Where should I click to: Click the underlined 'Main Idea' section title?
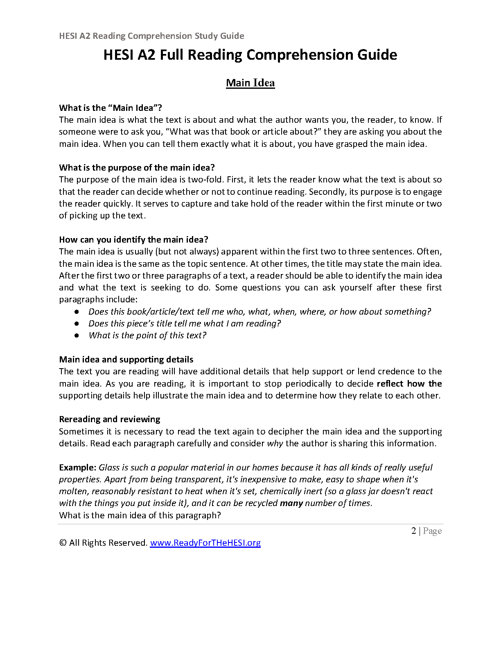pos(250,83)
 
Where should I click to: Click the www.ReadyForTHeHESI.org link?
pos(205,543)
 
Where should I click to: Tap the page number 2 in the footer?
pos(413,531)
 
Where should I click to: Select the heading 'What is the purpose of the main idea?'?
pos(137,168)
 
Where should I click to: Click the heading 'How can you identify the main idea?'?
pos(133,240)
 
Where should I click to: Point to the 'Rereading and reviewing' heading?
pos(110,419)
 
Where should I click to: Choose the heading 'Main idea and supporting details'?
pos(126,360)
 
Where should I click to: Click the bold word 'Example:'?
pos(78,468)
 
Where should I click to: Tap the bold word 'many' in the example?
pos(291,503)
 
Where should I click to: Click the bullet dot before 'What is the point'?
pos(77,335)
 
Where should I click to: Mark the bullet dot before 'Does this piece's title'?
pos(77,324)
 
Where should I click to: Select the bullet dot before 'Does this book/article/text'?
pos(77,312)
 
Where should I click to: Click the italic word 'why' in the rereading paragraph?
pos(275,444)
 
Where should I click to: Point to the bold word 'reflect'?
pos(390,384)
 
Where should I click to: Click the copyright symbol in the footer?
pos(63,543)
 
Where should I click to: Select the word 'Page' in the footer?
pos(432,531)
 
